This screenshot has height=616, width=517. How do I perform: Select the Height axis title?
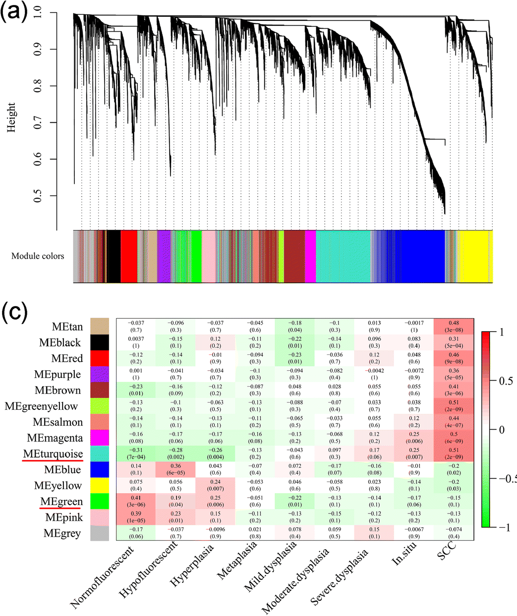pos(11,117)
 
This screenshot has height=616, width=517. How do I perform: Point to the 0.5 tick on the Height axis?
pos(38,196)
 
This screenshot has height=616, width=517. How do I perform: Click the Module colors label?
pos(38,256)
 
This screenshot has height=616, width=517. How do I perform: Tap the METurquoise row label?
pos(53,454)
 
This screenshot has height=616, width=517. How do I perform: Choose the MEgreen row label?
pos(61,502)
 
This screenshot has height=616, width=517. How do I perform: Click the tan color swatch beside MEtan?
pos(100,327)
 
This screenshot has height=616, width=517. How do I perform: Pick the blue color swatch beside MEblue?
pos(100,470)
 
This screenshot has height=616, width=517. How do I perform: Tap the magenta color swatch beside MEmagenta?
pos(100,438)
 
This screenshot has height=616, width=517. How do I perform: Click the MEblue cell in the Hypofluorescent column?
pos(175,469)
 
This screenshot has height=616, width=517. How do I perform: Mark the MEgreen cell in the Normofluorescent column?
pos(136,501)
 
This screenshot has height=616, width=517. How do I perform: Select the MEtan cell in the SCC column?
pos(454,326)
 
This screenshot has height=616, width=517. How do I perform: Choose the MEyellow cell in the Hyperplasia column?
pos(215,485)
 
